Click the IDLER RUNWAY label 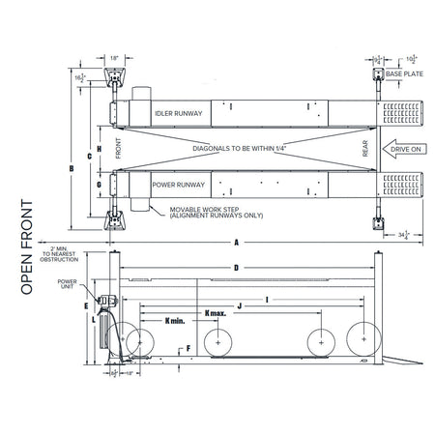178,113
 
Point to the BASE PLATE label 406,72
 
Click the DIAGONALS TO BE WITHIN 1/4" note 236,148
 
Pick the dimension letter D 237,267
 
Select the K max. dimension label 218,312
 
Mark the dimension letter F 189,346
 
